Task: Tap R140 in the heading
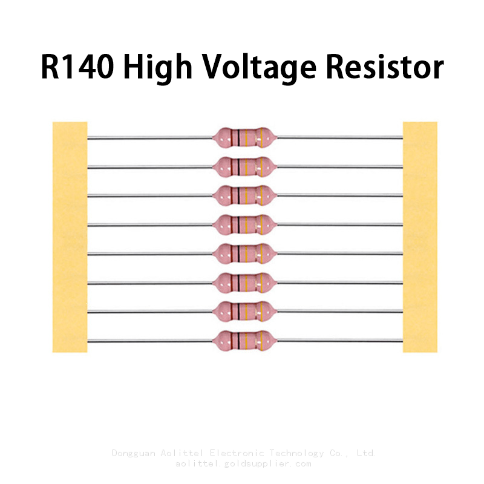[77, 67]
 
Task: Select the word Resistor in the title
[385, 67]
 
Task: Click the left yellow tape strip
[70, 237]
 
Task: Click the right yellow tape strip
[420, 237]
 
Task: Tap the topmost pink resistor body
[244, 137]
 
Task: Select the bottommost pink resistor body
[244, 341]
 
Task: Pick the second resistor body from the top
[244, 167]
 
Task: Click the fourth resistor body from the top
[244, 224]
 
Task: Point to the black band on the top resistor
[239, 137]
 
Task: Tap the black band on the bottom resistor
[239, 341]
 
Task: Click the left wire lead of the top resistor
[150, 138]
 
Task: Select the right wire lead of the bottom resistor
[339, 341]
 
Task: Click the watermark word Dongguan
[133, 453]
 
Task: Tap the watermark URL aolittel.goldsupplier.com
[243, 463]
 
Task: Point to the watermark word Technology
[296, 453]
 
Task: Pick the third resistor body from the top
[244, 195]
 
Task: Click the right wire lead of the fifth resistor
[339, 253]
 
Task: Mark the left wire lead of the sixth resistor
[150, 283]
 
